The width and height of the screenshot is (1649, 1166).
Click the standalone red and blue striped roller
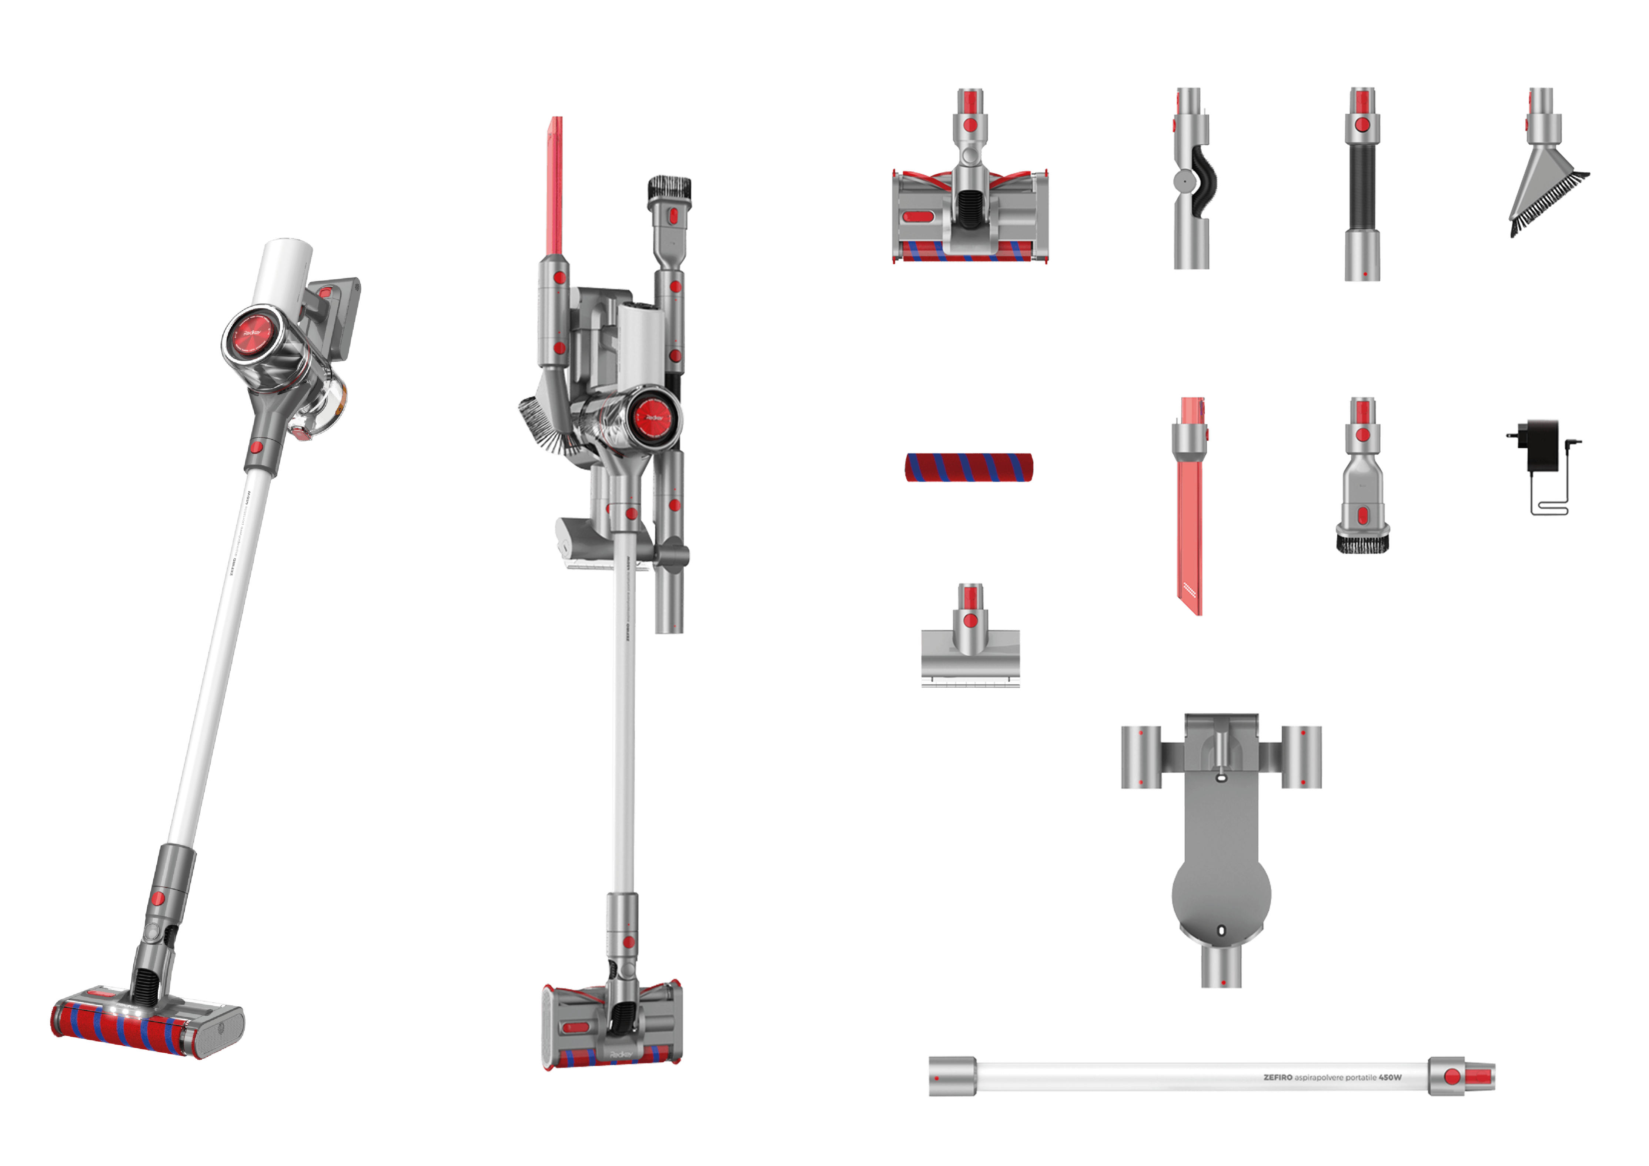point(969,468)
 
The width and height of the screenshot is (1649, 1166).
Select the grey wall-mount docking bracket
point(1221,848)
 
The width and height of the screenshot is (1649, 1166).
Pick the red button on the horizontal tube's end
point(1452,1076)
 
